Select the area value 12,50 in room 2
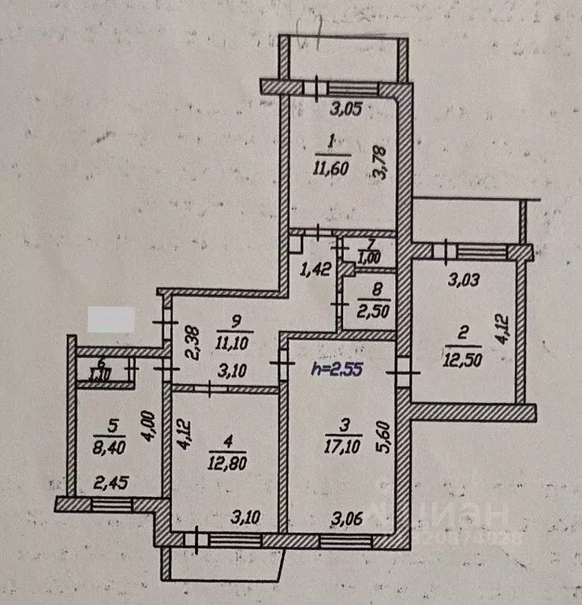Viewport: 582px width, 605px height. (x=463, y=360)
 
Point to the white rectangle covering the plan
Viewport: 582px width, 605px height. (x=110, y=320)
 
